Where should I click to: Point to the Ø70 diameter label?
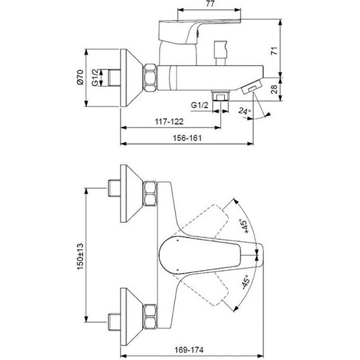(80, 77)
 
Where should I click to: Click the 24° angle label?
(244, 112)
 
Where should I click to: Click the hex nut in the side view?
(152, 77)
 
